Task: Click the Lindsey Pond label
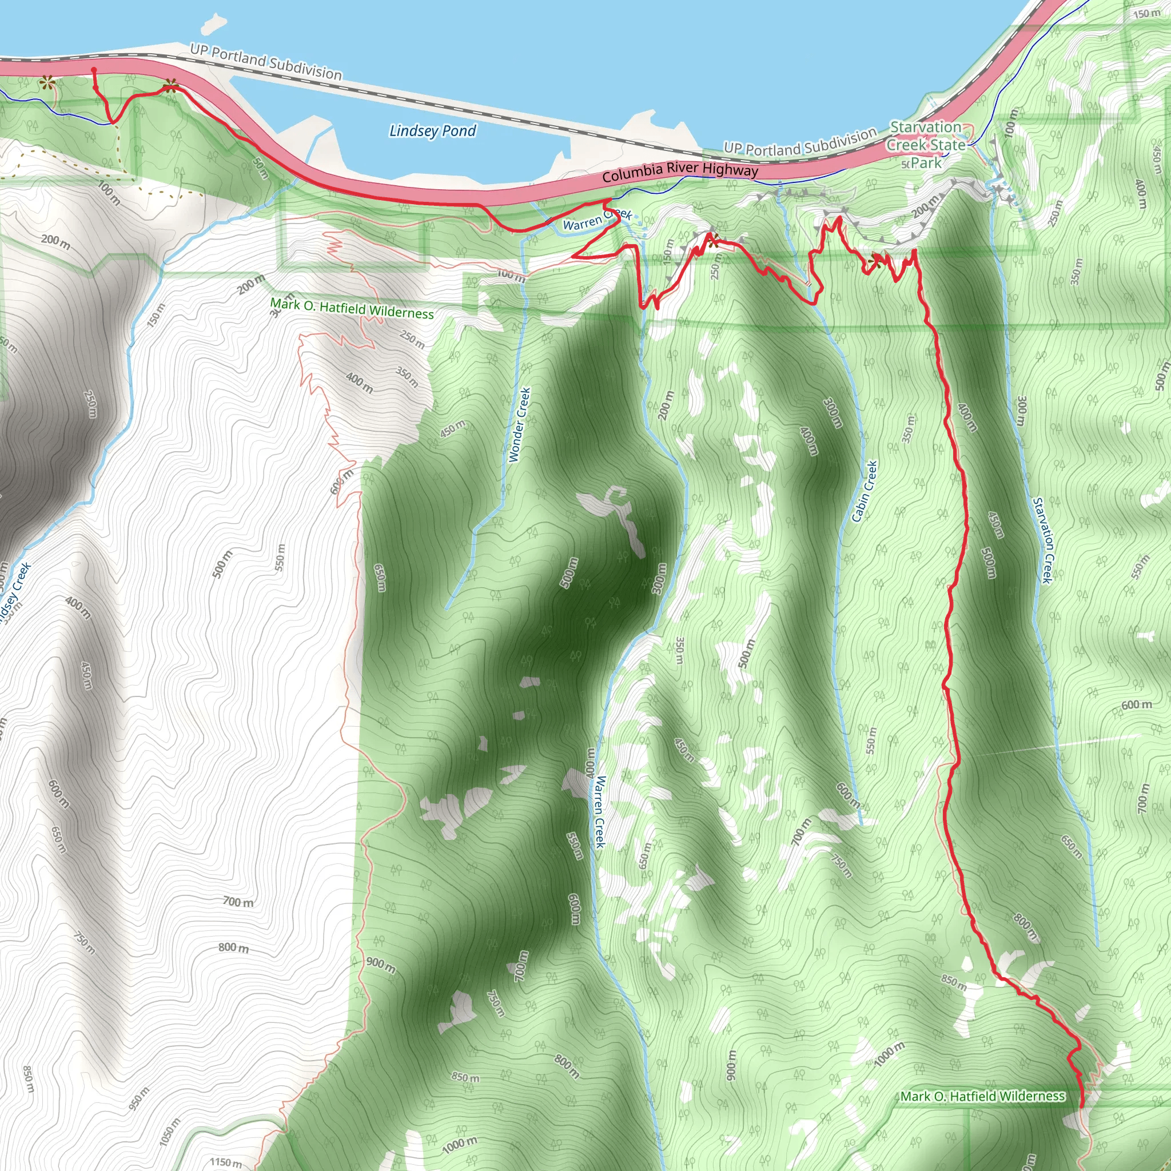pos(432,130)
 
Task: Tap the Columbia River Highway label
pos(680,172)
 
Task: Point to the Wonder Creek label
pos(519,425)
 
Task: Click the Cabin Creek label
pos(865,491)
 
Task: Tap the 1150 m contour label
pos(225,1162)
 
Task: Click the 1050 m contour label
pos(170,1132)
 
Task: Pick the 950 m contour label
pos(139,1099)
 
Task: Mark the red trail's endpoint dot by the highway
pos(94,70)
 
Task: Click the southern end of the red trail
pos(1082,1108)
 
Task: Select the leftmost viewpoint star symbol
pos(46,81)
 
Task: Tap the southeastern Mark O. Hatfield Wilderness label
pos(982,1096)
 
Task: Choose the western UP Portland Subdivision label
pos(266,62)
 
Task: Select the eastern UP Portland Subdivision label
pos(800,141)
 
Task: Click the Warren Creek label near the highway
pos(597,220)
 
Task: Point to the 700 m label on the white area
pos(238,902)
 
